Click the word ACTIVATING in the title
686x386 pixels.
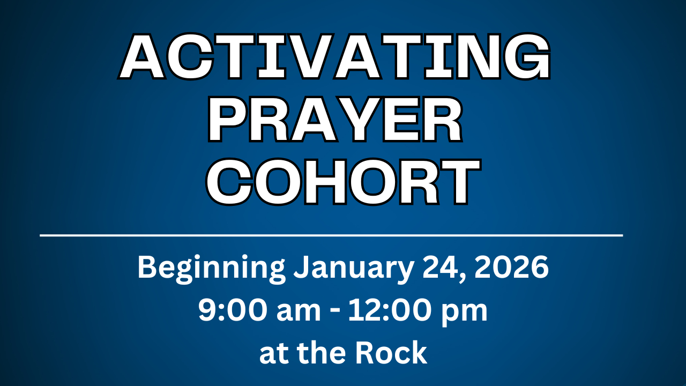(334, 57)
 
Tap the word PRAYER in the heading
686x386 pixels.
(335, 120)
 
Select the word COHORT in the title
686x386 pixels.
(343, 182)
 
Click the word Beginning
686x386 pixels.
(211, 269)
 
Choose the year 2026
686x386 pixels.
(511, 267)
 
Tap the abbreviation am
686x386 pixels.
(299, 313)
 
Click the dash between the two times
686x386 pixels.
(335, 313)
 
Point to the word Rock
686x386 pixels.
(391, 352)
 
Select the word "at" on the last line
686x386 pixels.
(274, 354)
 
